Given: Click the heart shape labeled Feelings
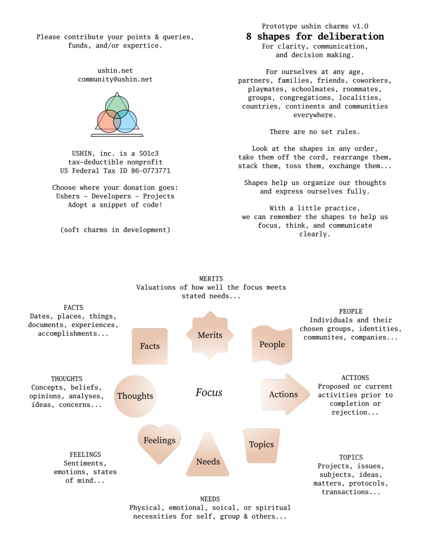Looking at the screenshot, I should (x=159, y=441).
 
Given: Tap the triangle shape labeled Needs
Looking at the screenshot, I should (x=208, y=458).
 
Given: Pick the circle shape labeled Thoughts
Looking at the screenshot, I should (x=135, y=396).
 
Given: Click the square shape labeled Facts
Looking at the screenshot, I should (x=150, y=346).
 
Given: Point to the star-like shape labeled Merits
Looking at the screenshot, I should (x=209, y=335).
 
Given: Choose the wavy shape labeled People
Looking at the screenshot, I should (x=272, y=345).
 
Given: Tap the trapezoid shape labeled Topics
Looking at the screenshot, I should (x=261, y=445).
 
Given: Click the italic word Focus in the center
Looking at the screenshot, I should (x=209, y=392).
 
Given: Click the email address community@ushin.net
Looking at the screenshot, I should (x=115, y=79).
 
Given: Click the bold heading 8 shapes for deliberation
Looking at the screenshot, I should (x=315, y=36).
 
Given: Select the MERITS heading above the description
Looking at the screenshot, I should (x=211, y=278).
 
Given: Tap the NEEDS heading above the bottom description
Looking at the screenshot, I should (x=210, y=499).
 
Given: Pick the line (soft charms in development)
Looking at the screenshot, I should (x=115, y=229).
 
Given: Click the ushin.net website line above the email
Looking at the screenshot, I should (x=115, y=70).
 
